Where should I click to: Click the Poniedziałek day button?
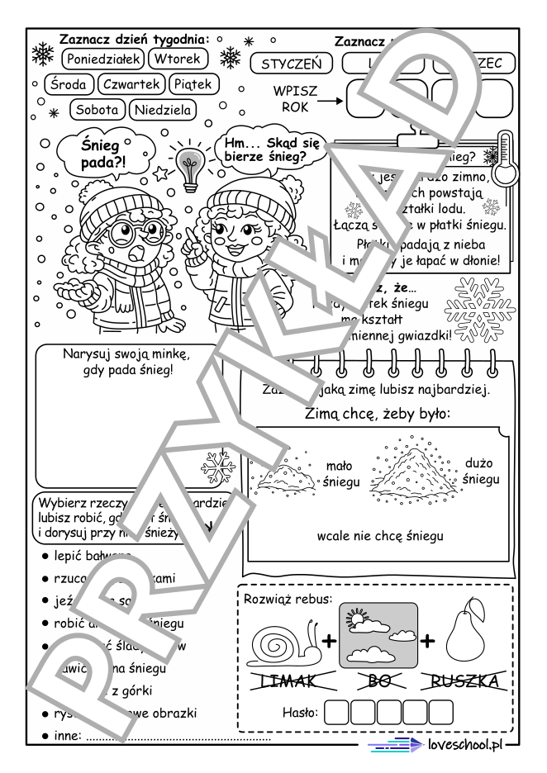tap(103, 58)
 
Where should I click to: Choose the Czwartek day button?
tap(131, 84)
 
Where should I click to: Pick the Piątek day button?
tap(193, 84)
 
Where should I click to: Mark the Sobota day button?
tap(98, 109)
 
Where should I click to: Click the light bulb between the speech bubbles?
tap(190, 166)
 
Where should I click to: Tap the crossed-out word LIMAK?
tap(293, 681)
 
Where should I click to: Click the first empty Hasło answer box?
tap(339, 711)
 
